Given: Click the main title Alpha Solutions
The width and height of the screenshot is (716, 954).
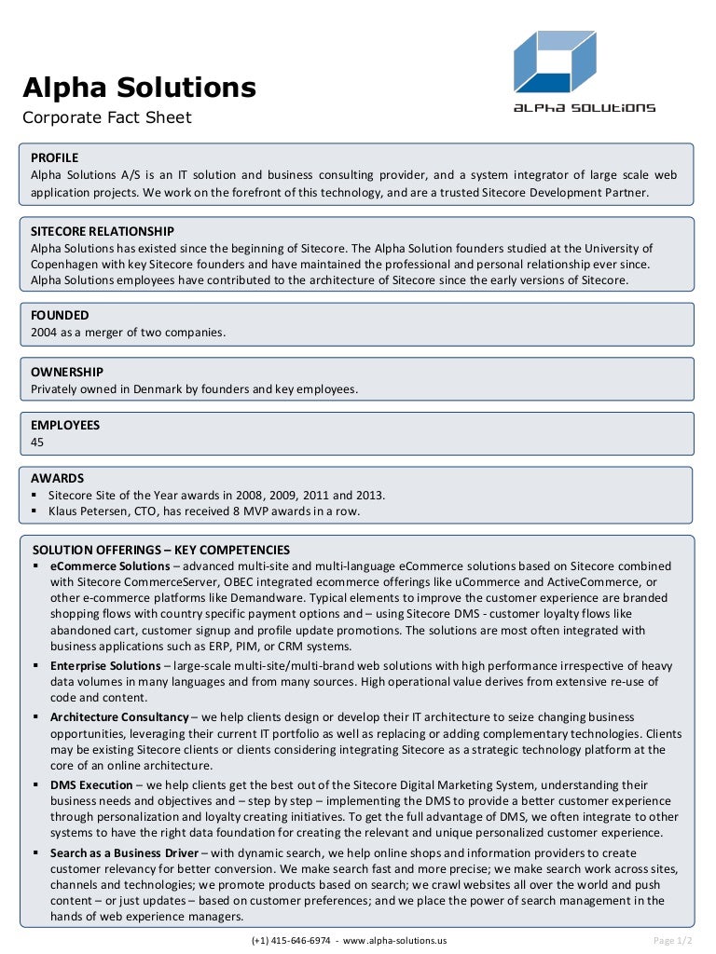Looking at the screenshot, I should click(x=139, y=88).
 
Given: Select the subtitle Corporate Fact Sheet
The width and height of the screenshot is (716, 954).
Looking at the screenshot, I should click(x=106, y=117).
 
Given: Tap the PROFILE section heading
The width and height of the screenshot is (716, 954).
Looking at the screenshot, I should click(x=54, y=157).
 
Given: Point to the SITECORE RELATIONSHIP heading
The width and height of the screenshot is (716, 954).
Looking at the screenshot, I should click(x=103, y=231).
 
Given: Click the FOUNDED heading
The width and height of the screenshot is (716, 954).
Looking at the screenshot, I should click(x=60, y=316).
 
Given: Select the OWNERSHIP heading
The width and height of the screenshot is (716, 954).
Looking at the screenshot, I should click(x=67, y=372).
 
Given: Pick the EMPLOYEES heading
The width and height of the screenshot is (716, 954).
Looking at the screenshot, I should click(x=65, y=425).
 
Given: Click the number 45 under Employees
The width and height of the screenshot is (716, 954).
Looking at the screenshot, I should click(x=37, y=442).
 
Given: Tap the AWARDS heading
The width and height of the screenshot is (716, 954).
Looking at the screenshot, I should click(x=57, y=478).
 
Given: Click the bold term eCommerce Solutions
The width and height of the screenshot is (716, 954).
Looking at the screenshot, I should click(x=110, y=566).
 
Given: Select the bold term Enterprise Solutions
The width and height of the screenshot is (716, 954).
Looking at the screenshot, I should click(x=105, y=666).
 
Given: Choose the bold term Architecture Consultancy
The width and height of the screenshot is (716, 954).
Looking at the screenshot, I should click(x=119, y=717).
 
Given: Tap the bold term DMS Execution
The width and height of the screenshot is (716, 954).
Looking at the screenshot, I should click(x=91, y=785).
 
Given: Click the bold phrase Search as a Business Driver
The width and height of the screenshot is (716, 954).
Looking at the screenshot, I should click(x=124, y=852).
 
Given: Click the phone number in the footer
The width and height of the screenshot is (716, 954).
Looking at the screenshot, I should click(x=292, y=940).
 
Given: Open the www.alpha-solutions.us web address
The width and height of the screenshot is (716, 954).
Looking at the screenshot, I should click(x=394, y=940).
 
